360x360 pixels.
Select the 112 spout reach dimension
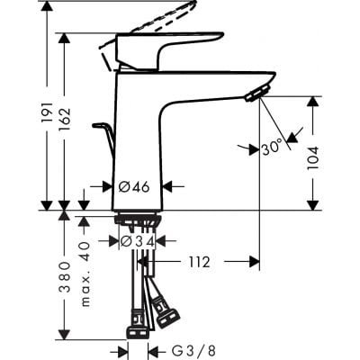pos(199,263)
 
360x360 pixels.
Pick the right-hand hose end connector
pos(169,316)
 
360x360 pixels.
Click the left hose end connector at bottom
pos(136,323)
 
